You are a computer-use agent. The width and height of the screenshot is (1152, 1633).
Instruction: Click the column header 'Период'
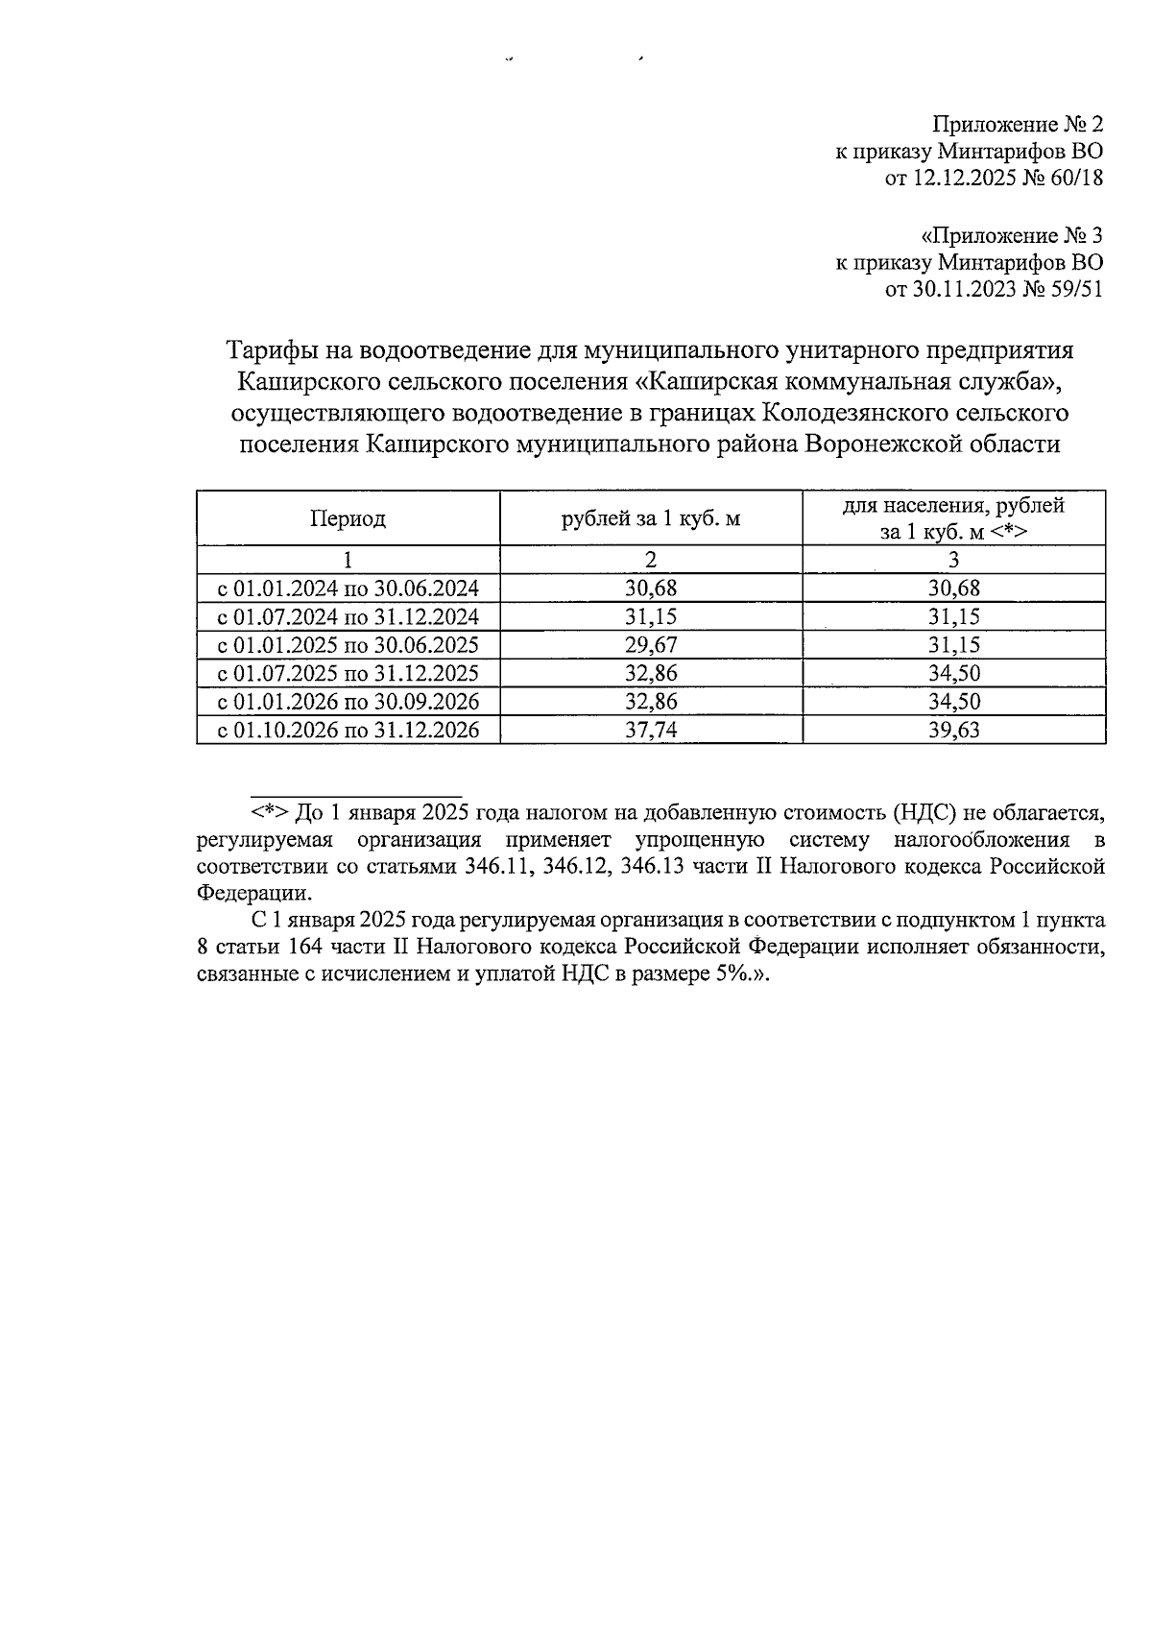coord(348,519)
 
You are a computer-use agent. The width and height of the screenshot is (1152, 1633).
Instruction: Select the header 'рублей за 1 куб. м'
coord(651,519)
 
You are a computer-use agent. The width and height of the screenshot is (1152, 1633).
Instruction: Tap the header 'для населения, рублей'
coord(953,506)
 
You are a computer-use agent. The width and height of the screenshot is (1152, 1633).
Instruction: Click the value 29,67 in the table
coord(651,645)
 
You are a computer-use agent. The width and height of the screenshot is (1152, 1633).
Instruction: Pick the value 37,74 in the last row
coord(651,731)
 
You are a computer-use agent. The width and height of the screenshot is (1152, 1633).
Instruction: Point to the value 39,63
coord(953,731)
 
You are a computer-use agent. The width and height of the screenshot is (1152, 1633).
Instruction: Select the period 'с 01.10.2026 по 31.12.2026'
coord(348,731)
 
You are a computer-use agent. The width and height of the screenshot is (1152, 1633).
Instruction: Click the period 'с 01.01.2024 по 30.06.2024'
coord(348,588)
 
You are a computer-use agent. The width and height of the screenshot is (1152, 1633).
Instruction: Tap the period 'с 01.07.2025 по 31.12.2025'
coord(348,673)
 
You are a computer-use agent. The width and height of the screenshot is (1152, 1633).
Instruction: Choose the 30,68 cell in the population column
coord(953,588)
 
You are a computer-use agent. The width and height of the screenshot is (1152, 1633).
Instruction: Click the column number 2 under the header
coord(651,561)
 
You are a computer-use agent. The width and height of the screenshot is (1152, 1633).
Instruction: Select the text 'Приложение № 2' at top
coord(1018,125)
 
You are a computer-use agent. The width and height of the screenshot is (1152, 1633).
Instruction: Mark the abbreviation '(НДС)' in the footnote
coord(925,812)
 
